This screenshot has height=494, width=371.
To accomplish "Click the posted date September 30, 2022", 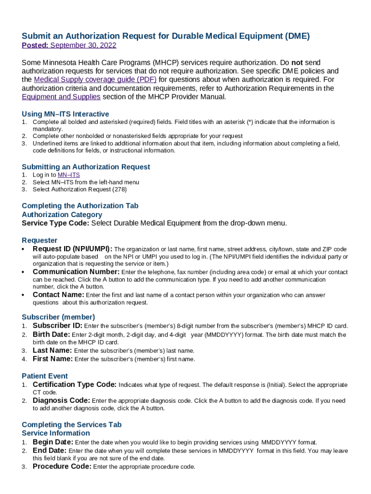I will pos(83,45).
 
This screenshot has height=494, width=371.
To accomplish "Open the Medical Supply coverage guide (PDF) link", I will pos(95,80).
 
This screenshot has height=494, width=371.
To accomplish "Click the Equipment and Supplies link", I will pos(61,96).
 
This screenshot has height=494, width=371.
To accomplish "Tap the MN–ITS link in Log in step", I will pos(68,175).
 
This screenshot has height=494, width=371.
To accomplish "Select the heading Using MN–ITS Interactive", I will pos(65,114).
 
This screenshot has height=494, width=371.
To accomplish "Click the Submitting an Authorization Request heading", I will pos(86,167).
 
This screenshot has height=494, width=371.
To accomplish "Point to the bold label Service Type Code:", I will pos(55,223).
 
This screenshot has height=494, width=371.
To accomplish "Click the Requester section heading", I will pos(40,240).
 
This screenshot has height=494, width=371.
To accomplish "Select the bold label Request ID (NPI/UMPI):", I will pos(72,249).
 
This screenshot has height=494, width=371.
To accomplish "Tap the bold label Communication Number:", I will pos(76,272).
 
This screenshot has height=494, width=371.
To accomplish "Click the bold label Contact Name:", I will pos(58,295).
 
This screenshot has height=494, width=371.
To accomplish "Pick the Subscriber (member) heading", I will pos(58,317).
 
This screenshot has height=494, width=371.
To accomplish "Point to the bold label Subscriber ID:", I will pos(57,326).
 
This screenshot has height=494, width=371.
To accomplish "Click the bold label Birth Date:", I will pos(52,334).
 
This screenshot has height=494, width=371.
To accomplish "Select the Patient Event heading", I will pos(45,376).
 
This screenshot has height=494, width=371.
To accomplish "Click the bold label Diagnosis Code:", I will pos(61,400).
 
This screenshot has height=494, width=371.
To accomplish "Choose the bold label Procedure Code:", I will pos(62,467).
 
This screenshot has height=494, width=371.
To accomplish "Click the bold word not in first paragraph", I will pos(297,63).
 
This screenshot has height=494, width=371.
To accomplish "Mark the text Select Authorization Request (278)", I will pos(79,190).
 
